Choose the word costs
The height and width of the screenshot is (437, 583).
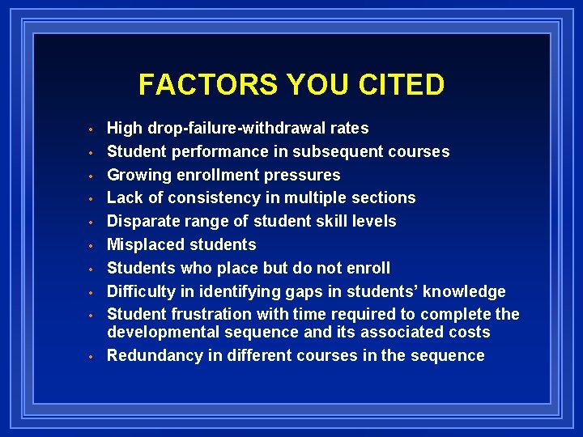coord(467,332)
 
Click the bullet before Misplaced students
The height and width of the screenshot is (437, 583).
coord(94,245)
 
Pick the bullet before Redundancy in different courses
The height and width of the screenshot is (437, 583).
coord(94,356)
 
